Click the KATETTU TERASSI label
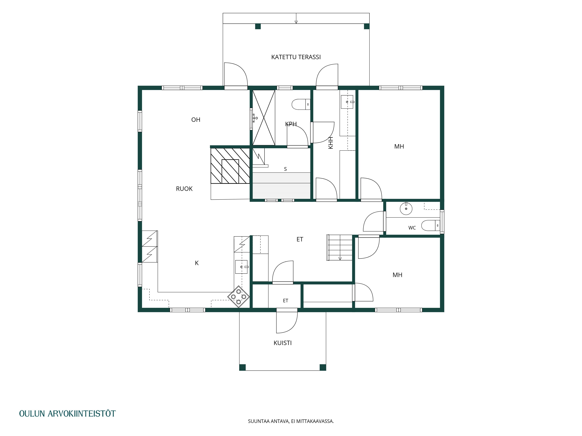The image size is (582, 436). [x=296, y=57]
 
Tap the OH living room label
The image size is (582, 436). [x=196, y=120]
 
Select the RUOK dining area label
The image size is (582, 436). [x=184, y=189]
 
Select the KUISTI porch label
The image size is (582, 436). [x=283, y=343]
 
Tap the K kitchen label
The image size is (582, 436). [x=197, y=263]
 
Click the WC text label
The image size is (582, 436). [x=412, y=228]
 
